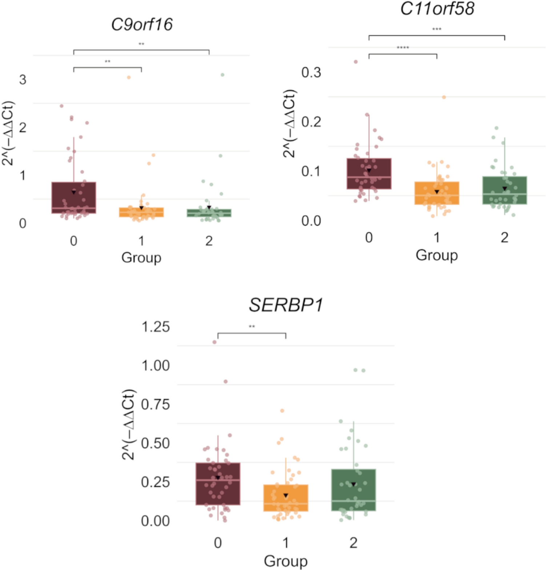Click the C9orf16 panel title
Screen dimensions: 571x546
(x=142, y=25)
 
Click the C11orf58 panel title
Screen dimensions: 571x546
(x=437, y=8)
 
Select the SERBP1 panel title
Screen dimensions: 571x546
(x=286, y=305)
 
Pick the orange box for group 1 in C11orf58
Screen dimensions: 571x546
(x=437, y=193)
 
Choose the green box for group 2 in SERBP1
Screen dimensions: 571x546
(x=354, y=490)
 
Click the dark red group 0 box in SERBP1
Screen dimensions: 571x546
(x=218, y=484)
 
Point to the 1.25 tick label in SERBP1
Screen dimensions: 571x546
(x=156, y=327)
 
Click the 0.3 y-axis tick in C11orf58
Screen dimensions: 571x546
(x=311, y=72)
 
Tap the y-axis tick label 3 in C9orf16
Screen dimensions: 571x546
(x=23, y=80)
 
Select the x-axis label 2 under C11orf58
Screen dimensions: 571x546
(x=505, y=238)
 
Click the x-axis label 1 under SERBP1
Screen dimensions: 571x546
(x=286, y=543)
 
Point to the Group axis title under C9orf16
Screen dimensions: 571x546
(x=141, y=257)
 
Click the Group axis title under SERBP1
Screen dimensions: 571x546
(x=286, y=561)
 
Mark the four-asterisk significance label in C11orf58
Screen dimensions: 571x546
(x=403, y=48)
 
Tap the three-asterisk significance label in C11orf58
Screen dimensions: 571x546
(x=437, y=29)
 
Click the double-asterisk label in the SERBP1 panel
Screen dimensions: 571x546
(x=252, y=326)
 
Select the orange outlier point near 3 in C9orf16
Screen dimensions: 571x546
(x=129, y=77)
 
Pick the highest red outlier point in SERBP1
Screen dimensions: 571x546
(x=214, y=342)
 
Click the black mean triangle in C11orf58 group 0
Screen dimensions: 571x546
(x=369, y=170)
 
